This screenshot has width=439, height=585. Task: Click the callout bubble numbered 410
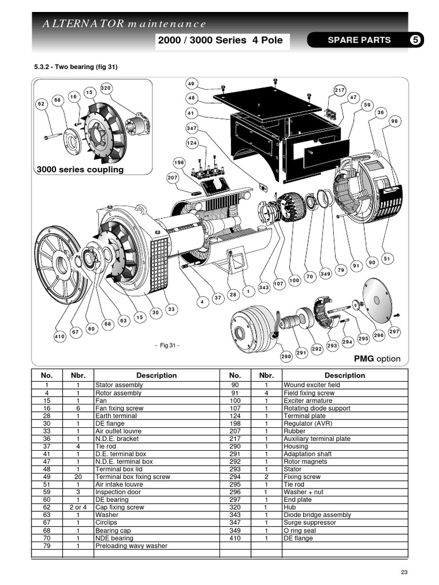pyautogui.click(x=59, y=337)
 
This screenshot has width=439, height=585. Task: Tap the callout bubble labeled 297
pyautogui.click(x=394, y=331)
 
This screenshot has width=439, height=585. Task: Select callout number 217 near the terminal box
pyautogui.click(x=340, y=90)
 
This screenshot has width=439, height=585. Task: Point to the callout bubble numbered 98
pyautogui.click(x=394, y=121)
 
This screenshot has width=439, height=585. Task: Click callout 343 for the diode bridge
pyautogui.click(x=264, y=287)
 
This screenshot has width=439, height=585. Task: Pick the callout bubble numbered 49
pyautogui.click(x=191, y=84)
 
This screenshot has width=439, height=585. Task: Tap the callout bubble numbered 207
pyautogui.click(x=173, y=178)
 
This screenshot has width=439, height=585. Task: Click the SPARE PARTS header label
pyautogui.click(x=359, y=40)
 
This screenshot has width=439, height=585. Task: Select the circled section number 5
pyautogui.click(x=416, y=40)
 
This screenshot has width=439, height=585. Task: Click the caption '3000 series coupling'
pyautogui.click(x=80, y=170)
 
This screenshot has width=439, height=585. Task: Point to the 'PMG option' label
pyautogui.click(x=378, y=359)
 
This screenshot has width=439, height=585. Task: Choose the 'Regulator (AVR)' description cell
pyautogui.click(x=303, y=423)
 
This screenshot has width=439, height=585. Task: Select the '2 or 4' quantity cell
pyautogui.click(x=78, y=507)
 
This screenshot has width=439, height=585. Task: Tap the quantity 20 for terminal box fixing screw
pyautogui.click(x=78, y=476)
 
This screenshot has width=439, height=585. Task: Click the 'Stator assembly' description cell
pyautogui.click(x=119, y=385)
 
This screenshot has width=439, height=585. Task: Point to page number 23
pyautogui.click(x=405, y=572)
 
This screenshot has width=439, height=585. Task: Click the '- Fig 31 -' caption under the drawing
pyautogui.click(x=167, y=345)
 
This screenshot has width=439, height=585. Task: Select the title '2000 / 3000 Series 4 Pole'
pyautogui.click(x=221, y=41)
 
